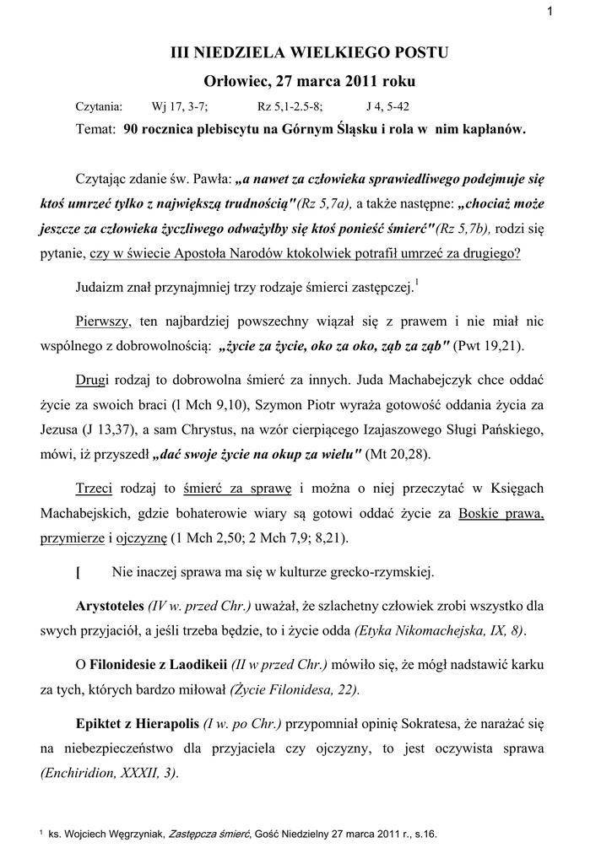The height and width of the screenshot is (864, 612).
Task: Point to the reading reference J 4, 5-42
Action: (x=390, y=107)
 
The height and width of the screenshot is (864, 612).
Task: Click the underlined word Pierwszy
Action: (x=101, y=321)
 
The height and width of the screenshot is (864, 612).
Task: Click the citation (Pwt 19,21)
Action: (x=490, y=345)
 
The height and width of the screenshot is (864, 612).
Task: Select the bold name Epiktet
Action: (x=101, y=723)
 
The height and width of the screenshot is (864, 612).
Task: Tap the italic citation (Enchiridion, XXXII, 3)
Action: (x=109, y=774)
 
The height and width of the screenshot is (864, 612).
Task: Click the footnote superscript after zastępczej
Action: (x=417, y=283)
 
